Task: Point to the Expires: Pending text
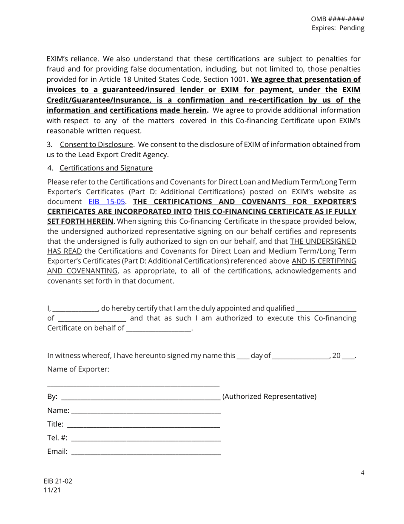(x=338, y=29)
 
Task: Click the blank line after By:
(x=140, y=397)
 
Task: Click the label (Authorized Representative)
(x=270, y=397)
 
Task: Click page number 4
(x=363, y=472)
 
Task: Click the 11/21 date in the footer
(x=52, y=490)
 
